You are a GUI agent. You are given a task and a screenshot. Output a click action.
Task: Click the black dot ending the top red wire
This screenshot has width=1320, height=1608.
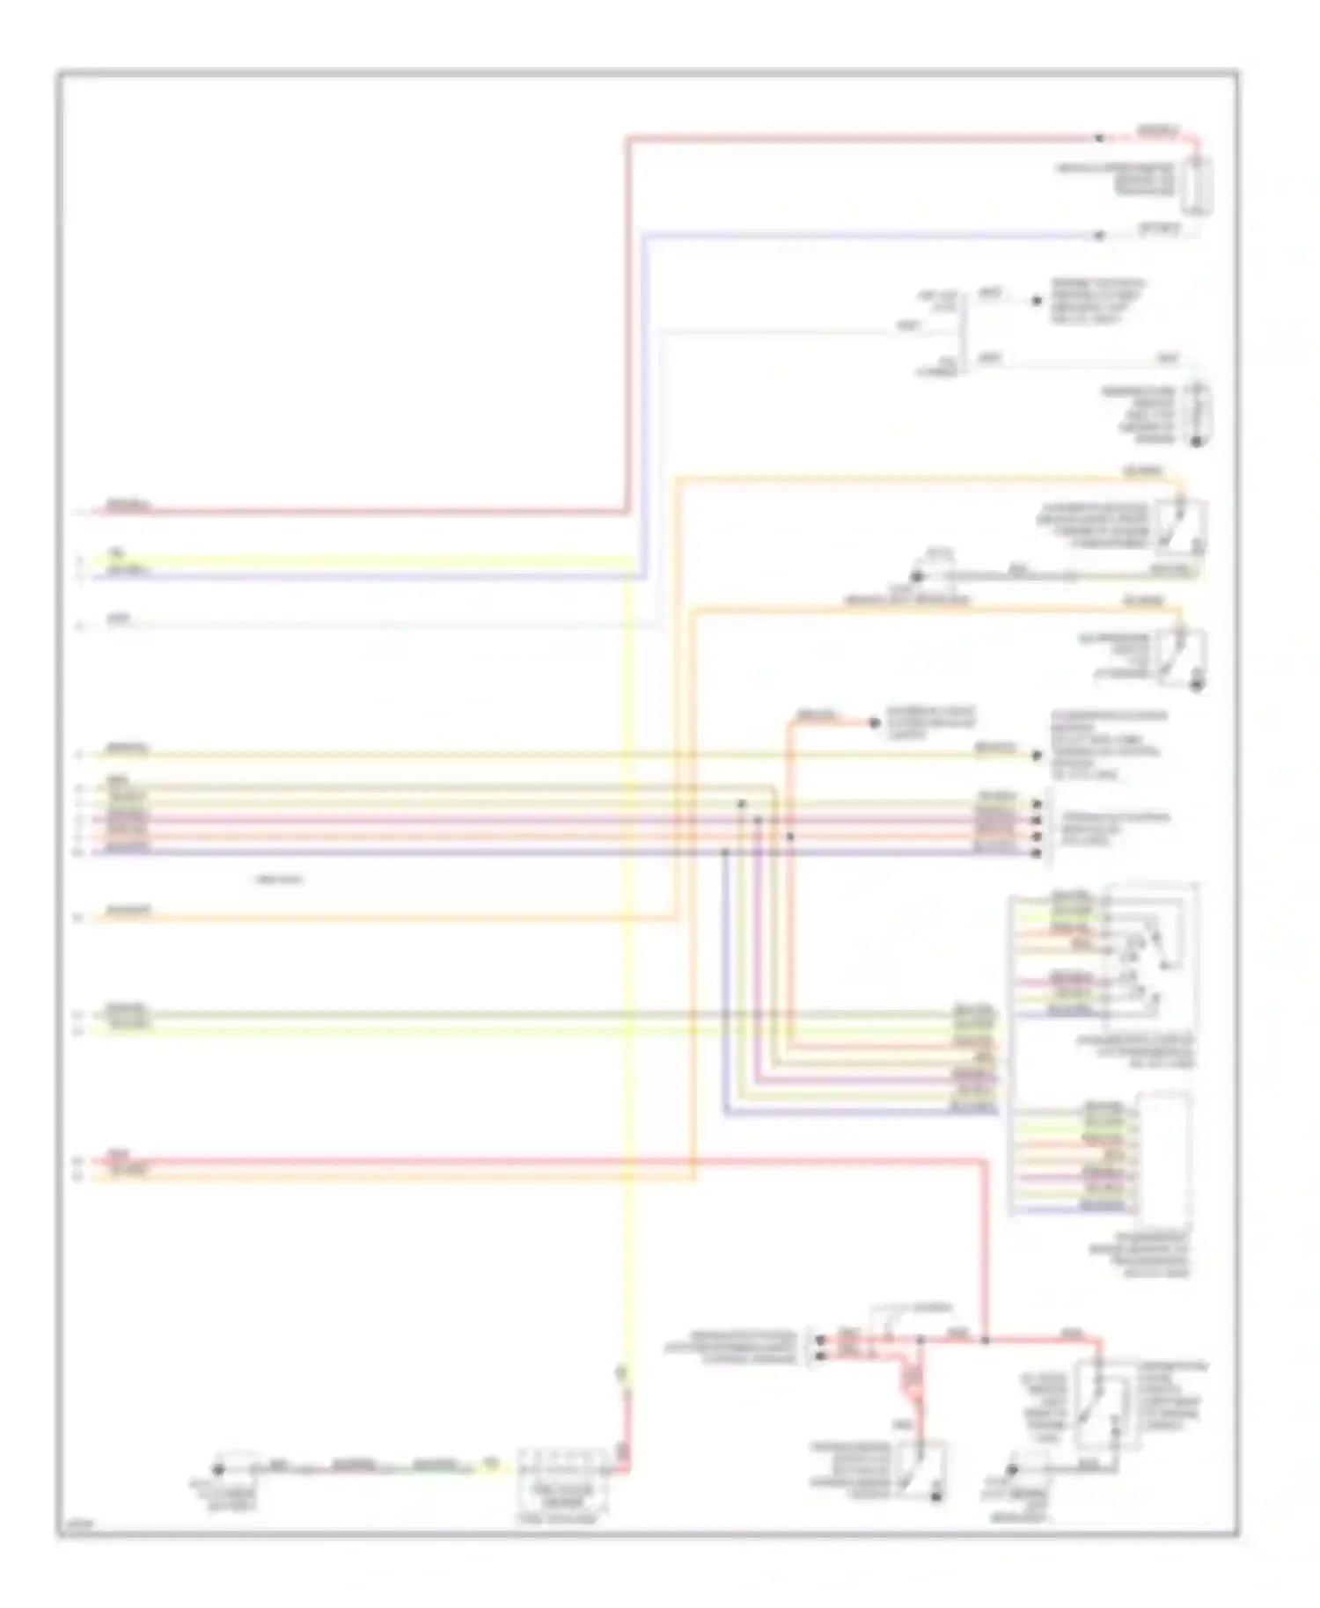pos(1098,138)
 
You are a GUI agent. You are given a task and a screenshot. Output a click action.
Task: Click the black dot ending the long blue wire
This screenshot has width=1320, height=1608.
pos(1098,236)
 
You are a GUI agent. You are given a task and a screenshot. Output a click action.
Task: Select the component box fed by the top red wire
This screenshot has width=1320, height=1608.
pos(1197,186)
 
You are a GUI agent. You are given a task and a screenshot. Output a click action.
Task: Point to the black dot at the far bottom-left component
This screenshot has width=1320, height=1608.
pos(218,1470)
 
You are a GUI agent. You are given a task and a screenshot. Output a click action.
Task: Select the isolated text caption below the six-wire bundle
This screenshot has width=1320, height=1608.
pos(278,880)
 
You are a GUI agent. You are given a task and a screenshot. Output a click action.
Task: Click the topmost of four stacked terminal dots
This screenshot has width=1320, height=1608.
pos(1037,804)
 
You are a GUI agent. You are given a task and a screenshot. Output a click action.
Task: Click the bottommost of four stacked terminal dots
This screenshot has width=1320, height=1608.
pos(1037,852)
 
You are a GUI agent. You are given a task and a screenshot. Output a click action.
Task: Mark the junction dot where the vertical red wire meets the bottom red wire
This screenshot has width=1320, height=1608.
pos(985,1340)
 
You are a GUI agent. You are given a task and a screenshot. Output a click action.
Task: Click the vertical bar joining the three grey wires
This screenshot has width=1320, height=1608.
pos(964,330)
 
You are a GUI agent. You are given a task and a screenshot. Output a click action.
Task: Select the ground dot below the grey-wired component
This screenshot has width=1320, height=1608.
pos(1196,440)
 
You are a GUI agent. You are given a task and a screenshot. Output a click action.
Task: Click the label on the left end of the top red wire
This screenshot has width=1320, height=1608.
pos(128,506)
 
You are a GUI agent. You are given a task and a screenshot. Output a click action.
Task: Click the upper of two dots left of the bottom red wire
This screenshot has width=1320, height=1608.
pos(821,1340)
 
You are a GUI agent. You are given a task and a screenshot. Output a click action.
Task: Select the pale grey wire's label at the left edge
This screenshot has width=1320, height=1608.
pos(120,619)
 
